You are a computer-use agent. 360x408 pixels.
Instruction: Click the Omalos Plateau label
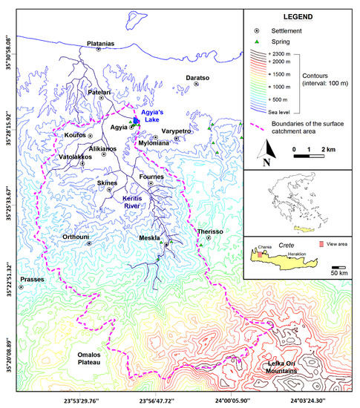click(x=87, y=358)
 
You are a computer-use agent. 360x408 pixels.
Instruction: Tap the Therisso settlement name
click(x=210, y=231)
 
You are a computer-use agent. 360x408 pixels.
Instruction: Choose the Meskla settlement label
click(x=151, y=238)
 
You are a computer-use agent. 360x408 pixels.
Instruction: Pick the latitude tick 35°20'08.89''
click(x=8, y=346)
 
